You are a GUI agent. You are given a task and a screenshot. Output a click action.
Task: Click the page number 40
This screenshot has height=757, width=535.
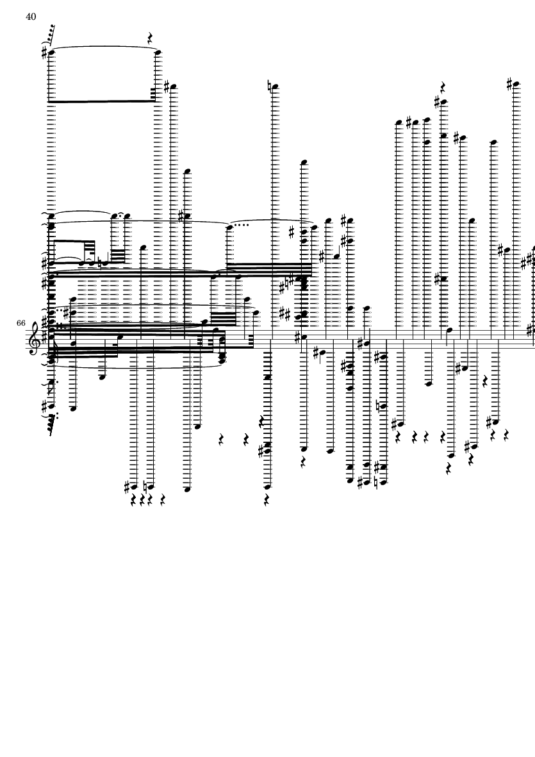pos(31,17)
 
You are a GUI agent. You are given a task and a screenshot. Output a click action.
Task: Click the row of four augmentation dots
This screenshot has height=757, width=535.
pos(239,225)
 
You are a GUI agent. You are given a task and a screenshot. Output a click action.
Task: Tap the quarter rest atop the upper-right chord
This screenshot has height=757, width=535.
pos(442,87)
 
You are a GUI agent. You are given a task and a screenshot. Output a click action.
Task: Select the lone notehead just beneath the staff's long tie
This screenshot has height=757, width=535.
pos(102,376)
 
